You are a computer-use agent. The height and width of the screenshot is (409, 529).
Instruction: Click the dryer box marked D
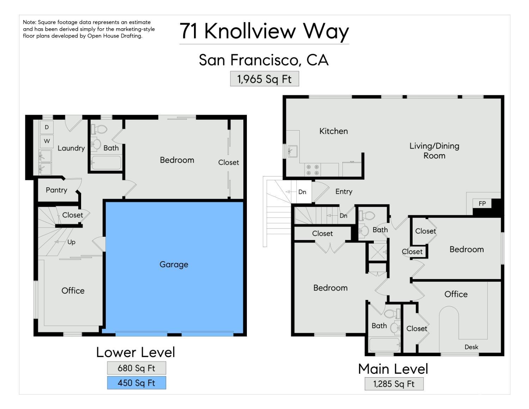[47, 127]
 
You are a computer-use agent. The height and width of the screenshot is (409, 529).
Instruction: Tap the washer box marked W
[47, 141]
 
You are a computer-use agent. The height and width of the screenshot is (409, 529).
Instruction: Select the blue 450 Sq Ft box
[136, 383]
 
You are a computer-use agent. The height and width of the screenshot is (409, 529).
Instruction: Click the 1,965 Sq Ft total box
[264, 79]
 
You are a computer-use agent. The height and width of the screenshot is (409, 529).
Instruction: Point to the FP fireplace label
[482, 203]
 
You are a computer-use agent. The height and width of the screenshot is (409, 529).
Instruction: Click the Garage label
[174, 264]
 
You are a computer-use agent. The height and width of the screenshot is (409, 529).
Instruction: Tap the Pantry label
[56, 190]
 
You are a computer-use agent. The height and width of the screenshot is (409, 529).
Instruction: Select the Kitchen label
[334, 131]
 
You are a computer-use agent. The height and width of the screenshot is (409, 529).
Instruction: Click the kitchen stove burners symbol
[312, 170]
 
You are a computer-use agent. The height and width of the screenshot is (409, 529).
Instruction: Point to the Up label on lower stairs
[71, 242]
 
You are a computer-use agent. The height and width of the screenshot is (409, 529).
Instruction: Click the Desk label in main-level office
[471, 347]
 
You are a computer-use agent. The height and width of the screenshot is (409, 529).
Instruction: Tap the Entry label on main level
[344, 192]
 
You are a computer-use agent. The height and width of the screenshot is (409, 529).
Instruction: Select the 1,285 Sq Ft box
[394, 384]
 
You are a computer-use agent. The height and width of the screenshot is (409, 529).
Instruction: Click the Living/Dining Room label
[434, 151]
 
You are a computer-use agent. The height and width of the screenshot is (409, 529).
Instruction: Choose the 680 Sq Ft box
[136, 368]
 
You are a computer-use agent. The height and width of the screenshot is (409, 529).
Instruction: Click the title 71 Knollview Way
[264, 31]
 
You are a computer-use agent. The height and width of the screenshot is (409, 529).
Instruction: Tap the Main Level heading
[393, 369]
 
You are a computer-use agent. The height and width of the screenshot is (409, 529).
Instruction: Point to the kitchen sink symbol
[292, 151]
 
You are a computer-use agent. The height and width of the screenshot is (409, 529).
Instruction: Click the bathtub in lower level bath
[106, 163]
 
